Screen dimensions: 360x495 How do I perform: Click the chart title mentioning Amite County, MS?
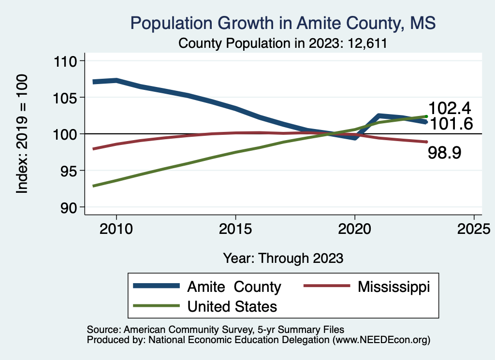pyautogui.click(x=283, y=23)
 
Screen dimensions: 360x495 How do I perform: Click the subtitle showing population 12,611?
pyautogui.click(x=283, y=43)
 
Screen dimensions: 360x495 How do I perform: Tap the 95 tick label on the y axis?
pyautogui.click(x=71, y=171)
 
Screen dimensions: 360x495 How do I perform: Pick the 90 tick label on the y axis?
pyautogui.click(x=71, y=207)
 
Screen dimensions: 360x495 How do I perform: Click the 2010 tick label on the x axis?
pyautogui.click(x=116, y=229)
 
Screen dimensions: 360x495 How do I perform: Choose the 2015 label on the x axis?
pyautogui.click(x=235, y=229)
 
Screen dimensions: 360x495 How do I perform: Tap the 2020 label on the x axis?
pyautogui.click(x=355, y=229)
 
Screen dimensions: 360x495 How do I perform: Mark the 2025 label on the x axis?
pyautogui.click(x=474, y=229)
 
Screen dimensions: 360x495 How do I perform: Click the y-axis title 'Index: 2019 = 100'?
pyautogui.click(x=22, y=134)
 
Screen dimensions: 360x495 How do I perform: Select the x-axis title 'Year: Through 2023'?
pyautogui.click(x=283, y=258)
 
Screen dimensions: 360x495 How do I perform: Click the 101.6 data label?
pyautogui.click(x=451, y=124)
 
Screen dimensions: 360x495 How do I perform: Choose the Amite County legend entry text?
pyautogui.click(x=234, y=287)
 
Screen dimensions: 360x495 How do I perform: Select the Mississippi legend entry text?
pyautogui.click(x=393, y=287)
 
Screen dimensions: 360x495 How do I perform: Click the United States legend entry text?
pyautogui.click(x=232, y=306)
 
